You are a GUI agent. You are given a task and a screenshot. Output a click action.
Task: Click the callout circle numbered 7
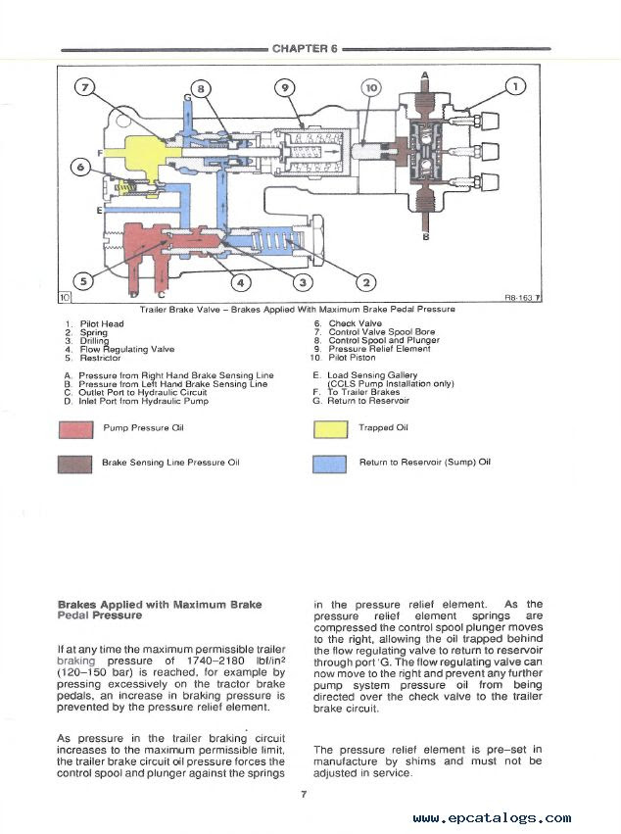84,86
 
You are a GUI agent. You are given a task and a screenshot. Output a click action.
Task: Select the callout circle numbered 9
285,88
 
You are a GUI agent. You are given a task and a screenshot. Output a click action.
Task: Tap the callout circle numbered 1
515,85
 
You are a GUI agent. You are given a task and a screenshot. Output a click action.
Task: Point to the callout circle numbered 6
80,168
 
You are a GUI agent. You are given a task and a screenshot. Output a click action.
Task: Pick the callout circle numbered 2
366,282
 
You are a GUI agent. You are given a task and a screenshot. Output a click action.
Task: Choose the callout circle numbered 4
241,282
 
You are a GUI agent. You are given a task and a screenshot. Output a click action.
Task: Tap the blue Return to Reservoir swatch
330,464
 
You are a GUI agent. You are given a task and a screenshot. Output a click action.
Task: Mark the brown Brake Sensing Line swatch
75,464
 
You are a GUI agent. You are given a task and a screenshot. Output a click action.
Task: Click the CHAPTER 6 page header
305,49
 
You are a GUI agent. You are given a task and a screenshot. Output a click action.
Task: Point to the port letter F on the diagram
100,153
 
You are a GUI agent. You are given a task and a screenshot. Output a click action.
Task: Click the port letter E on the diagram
100,211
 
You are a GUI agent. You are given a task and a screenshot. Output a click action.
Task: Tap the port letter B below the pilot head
425,237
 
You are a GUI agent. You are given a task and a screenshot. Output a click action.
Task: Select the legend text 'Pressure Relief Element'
380,349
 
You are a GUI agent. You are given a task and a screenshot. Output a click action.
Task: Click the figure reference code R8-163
519,298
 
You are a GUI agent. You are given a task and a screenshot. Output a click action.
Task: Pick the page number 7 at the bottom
304,794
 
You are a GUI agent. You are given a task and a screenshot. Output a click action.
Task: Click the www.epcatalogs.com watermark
493,818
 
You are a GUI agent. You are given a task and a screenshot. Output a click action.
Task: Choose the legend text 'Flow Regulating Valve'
127,350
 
